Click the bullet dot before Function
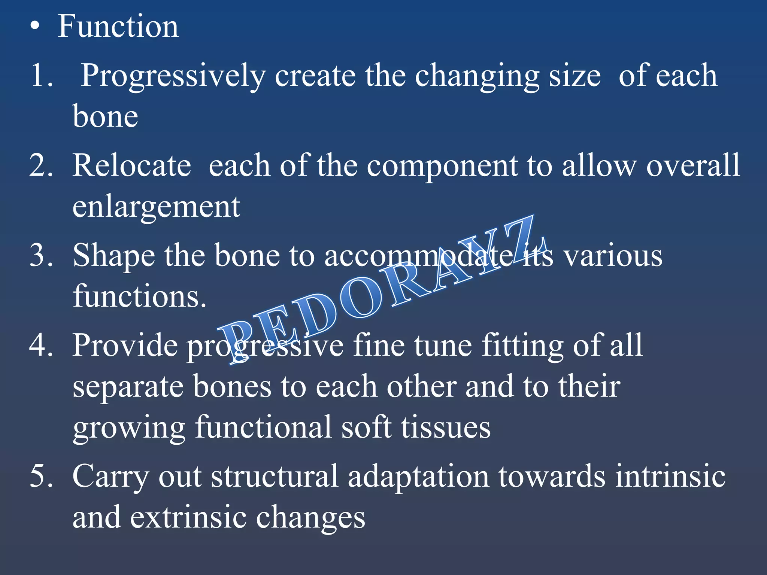(x=35, y=27)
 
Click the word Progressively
(x=173, y=76)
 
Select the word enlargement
(x=156, y=207)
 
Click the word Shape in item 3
(x=114, y=256)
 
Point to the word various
(x=613, y=256)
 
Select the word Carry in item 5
(x=110, y=477)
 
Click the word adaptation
(x=418, y=477)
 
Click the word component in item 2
(x=442, y=166)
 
